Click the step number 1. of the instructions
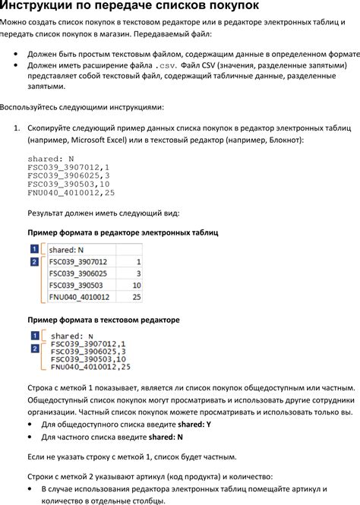pyautogui.click(x=17, y=129)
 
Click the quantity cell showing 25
pyautogui.click(x=137, y=298)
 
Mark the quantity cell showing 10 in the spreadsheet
pyautogui.click(x=137, y=286)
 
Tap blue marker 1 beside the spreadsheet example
pyautogui.click(x=33, y=249)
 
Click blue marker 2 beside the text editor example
pyautogui.click(x=33, y=349)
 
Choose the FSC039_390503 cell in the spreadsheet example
pyautogui.click(x=75, y=286)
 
